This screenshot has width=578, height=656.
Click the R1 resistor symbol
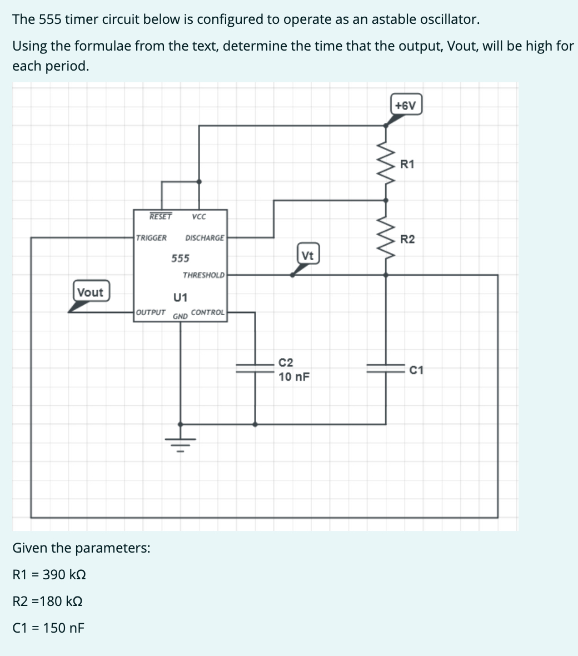tap(387, 163)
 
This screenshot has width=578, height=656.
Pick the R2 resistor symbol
tap(387, 238)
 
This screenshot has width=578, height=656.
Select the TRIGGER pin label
tap(151, 238)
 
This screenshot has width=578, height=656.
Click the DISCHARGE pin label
tap(205, 238)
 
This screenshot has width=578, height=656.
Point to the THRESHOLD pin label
tap(203, 275)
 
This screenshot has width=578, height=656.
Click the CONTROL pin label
tap(208, 312)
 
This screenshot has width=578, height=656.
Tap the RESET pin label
tap(160, 216)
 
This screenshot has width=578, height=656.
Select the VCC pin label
tap(198, 216)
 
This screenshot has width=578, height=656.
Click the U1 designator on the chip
tap(181, 296)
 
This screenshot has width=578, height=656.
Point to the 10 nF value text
tap(294, 377)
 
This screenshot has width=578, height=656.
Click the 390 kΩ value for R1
tap(64, 574)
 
